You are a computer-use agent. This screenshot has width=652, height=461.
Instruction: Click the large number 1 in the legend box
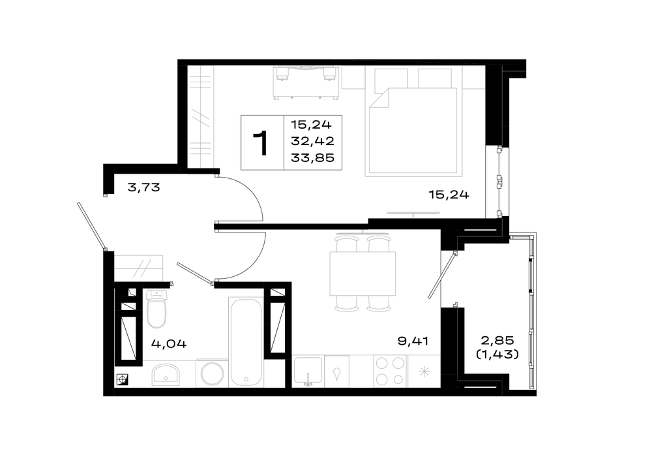262,143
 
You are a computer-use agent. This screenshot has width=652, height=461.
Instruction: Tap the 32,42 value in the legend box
313,141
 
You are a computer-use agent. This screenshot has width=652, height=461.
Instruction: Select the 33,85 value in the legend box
313,158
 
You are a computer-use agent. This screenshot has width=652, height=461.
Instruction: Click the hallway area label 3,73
144,187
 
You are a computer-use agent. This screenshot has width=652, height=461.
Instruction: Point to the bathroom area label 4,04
169,343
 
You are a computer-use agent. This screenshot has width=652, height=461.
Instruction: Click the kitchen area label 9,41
413,341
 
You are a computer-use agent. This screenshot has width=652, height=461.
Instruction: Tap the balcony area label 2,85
497,340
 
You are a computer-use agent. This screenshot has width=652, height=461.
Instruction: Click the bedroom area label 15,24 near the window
449,194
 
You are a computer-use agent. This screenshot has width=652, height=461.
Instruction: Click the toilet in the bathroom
156,308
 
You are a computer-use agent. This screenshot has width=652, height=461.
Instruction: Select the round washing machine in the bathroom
212,374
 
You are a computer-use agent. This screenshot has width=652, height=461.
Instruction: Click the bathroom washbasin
166,374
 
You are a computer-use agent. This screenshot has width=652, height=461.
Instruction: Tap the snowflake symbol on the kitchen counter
424,372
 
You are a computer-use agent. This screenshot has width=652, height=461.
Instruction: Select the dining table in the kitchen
363,273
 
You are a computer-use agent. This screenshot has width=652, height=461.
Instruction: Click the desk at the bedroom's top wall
306,82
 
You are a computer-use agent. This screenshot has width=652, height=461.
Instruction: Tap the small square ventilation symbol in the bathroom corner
123,379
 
